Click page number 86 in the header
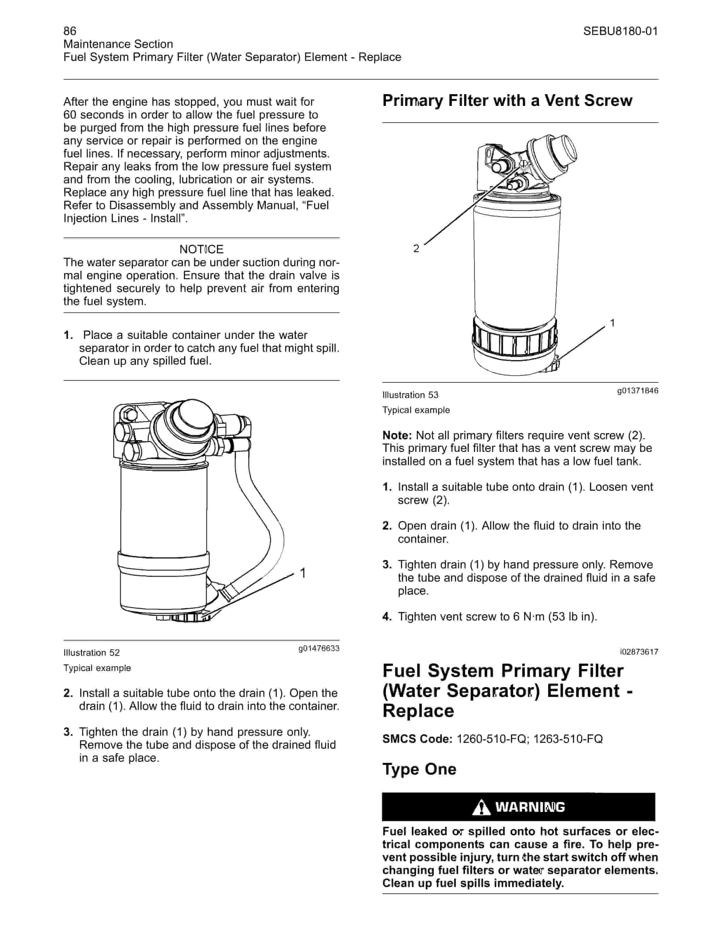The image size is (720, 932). pyautogui.click(x=70, y=31)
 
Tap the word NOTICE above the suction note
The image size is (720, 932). pyautogui.click(x=201, y=249)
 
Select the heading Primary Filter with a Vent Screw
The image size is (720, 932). pyautogui.click(x=507, y=101)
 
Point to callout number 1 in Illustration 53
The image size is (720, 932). pyautogui.click(x=613, y=323)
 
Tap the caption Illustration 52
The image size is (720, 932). pyautogui.click(x=92, y=653)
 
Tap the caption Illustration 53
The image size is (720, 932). pyautogui.click(x=410, y=395)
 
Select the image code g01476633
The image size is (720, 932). pyautogui.click(x=319, y=649)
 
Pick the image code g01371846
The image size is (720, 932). pyautogui.click(x=638, y=391)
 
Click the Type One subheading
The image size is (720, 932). pyautogui.click(x=419, y=769)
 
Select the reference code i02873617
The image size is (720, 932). pyautogui.click(x=639, y=652)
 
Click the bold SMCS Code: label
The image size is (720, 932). pyautogui.click(x=417, y=739)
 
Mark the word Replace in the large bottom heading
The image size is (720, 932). pyautogui.click(x=419, y=711)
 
